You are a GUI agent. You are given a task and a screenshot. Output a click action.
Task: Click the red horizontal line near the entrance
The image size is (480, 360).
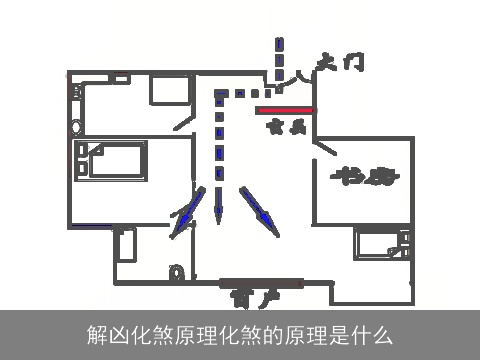coord(285,110)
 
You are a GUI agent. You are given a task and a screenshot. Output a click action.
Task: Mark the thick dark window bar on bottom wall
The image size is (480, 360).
coord(259,282)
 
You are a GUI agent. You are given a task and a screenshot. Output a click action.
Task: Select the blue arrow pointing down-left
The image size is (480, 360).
coord(184,218)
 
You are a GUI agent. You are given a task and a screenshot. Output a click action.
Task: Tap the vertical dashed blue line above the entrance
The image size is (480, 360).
coord(279,58)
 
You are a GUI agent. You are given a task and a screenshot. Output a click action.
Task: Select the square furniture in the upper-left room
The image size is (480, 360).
coord(169,91)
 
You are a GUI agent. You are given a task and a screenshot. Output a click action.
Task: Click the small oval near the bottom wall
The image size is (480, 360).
coord(178,272)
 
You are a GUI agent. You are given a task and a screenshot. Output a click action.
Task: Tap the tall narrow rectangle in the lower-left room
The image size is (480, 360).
coord(125,244)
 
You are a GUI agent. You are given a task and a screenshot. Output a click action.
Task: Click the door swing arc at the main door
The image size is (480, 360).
coord(299,76)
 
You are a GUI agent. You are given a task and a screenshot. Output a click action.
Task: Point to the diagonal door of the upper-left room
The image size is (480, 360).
coord(183,120)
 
